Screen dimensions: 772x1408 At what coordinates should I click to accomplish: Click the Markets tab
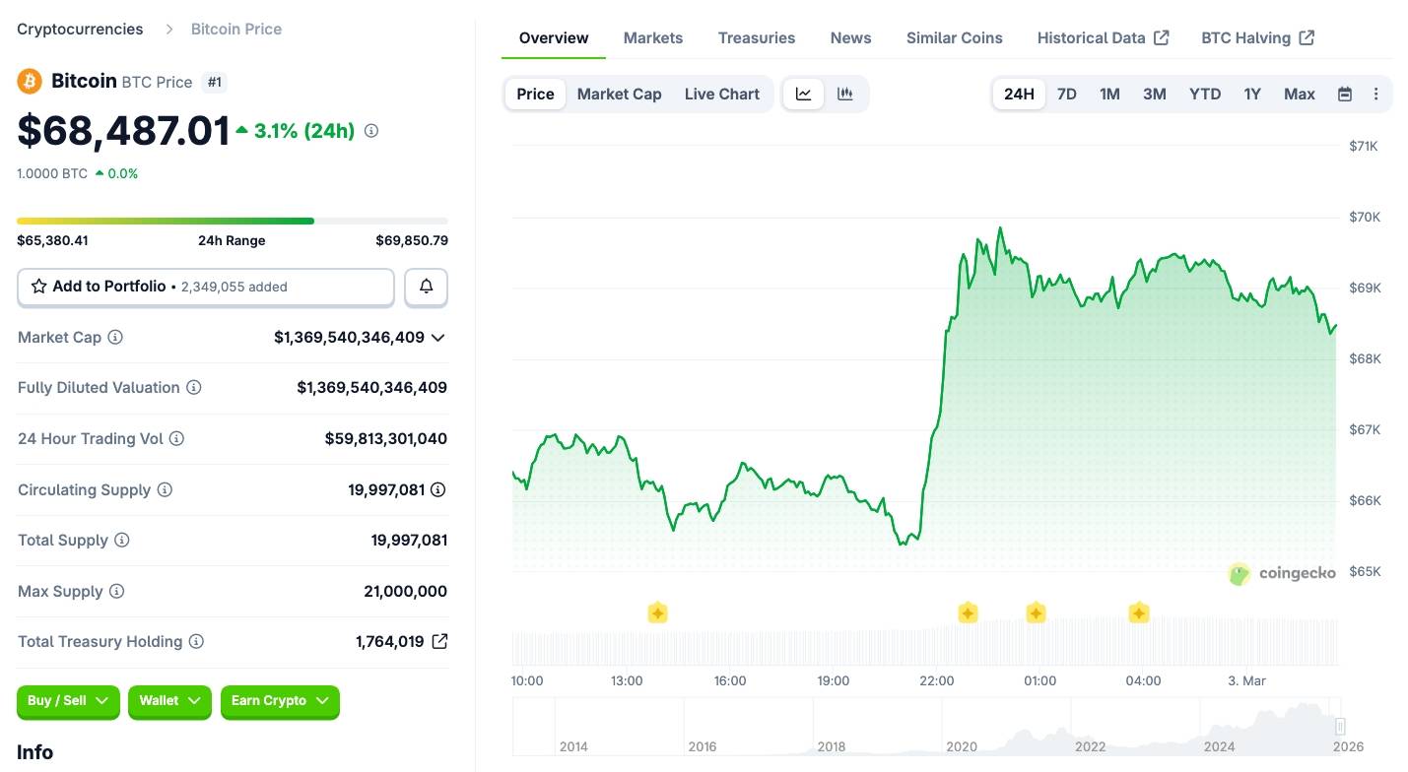click(652, 38)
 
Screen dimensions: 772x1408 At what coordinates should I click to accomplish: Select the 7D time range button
click(1066, 95)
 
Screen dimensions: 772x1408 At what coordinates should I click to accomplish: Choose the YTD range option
click(1204, 95)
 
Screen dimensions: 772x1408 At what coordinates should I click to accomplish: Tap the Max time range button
click(1299, 95)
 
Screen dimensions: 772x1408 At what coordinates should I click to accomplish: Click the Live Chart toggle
click(721, 95)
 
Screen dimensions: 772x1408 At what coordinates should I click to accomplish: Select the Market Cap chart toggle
click(619, 95)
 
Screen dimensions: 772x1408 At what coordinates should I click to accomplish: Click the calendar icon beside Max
click(1345, 95)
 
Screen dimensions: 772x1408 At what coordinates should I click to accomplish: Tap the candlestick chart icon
click(844, 95)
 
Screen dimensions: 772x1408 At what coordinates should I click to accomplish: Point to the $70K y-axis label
click(1364, 217)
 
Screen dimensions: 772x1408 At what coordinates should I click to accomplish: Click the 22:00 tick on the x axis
click(936, 680)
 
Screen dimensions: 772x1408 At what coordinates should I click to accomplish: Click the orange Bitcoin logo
click(30, 81)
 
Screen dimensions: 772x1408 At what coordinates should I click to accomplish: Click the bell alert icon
click(426, 287)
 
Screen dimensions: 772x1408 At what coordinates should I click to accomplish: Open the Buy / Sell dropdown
click(68, 701)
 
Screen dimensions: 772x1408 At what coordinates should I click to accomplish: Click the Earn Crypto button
click(280, 701)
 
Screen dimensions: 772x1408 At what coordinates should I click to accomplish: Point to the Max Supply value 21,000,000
click(405, 592)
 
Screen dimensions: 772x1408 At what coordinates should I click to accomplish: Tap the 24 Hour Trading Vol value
click(385, 439)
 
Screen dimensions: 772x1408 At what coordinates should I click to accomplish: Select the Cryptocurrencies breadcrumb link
click(80, 30)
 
